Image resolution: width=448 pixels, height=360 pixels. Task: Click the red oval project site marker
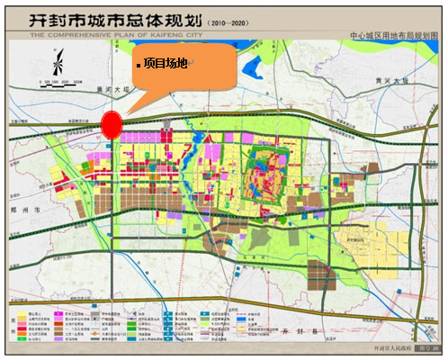pyautogui.click(x=111, y=126)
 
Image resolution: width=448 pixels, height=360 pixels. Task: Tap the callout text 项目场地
pyautogui.click(x=166, y=65)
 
